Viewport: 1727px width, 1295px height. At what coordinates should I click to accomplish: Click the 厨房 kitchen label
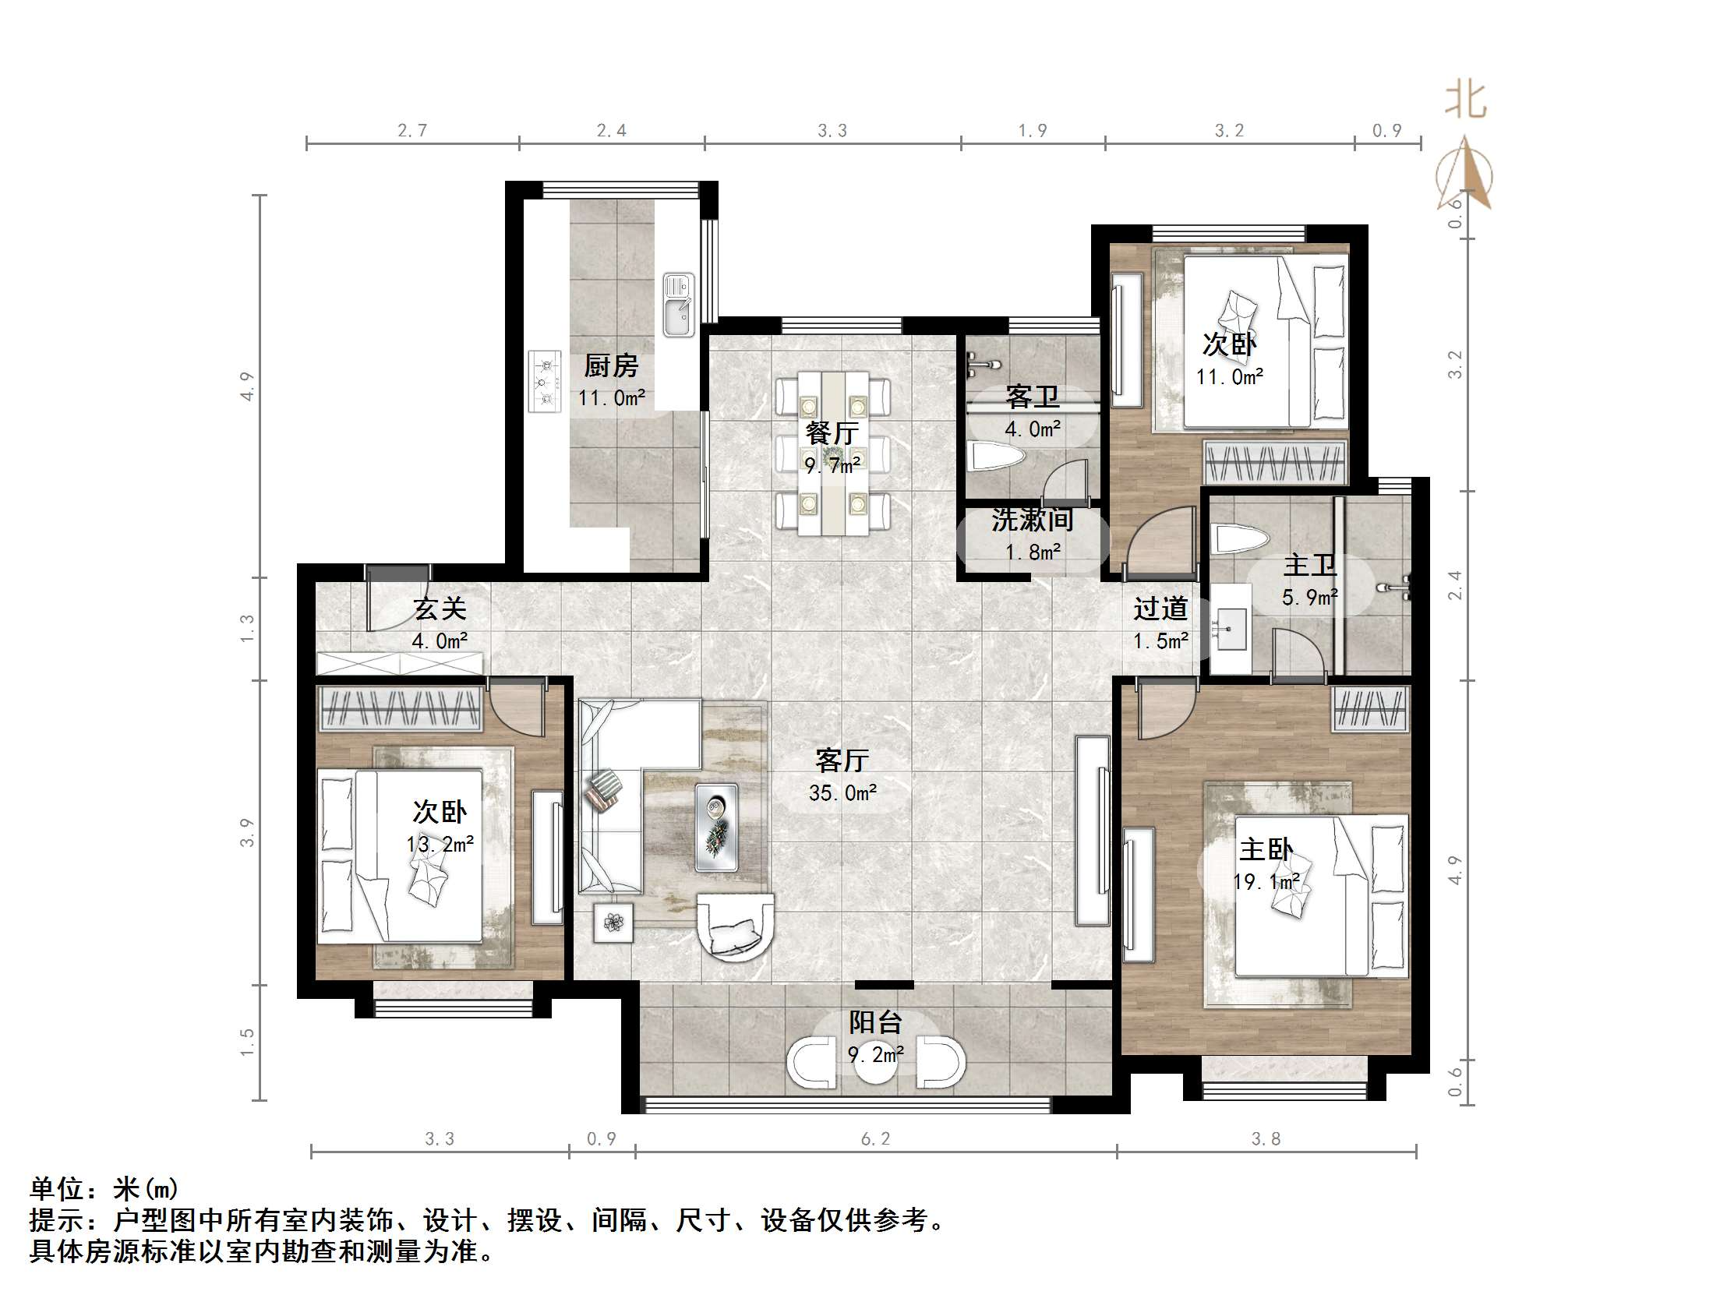611,365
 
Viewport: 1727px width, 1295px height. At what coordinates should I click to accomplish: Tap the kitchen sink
679,305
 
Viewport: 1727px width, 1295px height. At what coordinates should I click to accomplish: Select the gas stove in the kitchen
545,381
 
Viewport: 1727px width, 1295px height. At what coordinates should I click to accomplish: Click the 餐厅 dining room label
832,432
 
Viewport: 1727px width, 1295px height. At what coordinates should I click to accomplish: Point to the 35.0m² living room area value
842,793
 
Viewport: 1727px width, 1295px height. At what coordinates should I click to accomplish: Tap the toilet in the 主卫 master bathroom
1239,539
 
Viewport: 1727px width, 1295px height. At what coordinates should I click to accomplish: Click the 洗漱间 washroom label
1033,519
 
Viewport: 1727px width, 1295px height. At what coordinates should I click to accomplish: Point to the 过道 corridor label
1161,608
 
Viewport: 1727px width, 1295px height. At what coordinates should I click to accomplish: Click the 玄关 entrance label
440,608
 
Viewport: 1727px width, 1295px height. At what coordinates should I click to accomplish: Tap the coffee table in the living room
717,827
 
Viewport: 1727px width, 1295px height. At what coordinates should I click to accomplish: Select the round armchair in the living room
736,928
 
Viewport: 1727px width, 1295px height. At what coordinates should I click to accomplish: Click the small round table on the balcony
875,1063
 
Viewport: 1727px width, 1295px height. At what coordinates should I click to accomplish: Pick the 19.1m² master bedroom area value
1266,882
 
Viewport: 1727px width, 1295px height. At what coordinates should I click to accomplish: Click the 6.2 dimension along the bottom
875,1139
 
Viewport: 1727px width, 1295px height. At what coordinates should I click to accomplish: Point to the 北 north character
1464,101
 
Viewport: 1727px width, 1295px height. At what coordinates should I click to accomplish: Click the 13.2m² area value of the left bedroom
440,845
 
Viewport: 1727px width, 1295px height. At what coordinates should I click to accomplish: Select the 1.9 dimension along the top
1032,130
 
